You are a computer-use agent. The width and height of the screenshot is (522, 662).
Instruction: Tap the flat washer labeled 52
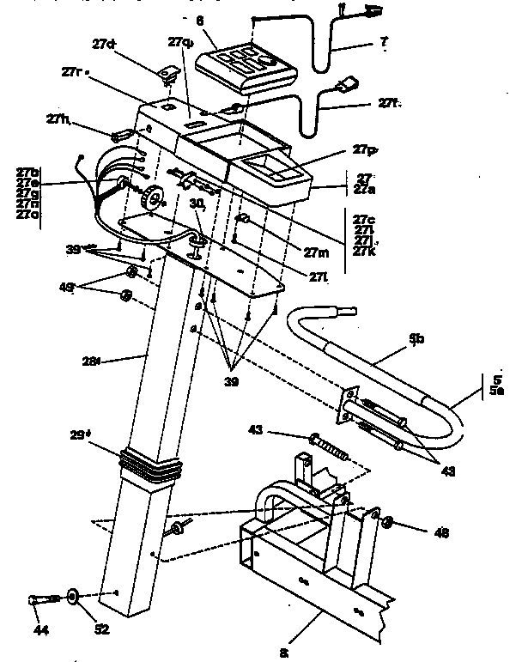click(72, 595)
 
